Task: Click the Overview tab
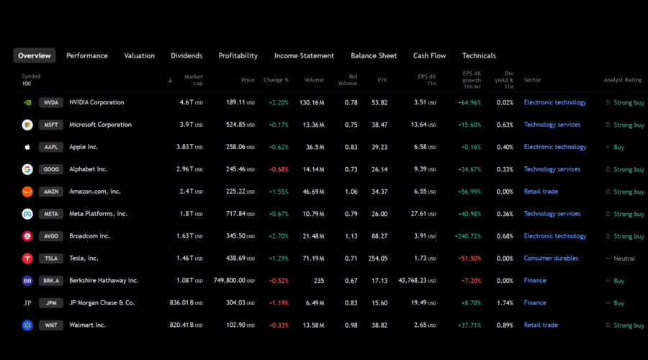[x=35, y=55]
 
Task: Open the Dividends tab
[x=186, y=55]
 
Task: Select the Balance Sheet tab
[x=374, y=55]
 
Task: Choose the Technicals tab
[x=479, y=55]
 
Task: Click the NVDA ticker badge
[x=51, y=103]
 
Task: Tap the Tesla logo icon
[x=27, y=258]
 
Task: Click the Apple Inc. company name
[x=84, y=147]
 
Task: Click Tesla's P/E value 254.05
[x=377, y=258]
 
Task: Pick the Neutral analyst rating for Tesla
[x=624, y=258]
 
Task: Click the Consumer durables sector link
[x=551, y=258]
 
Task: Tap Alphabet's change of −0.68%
[x=278, y=170]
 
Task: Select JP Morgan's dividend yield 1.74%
[x=505, y=303]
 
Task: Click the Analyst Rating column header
[x=622, y=80]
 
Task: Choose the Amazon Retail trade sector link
[x=541, y=192]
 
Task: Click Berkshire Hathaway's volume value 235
[x=318, y=281]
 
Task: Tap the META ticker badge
[x=51, y=214]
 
